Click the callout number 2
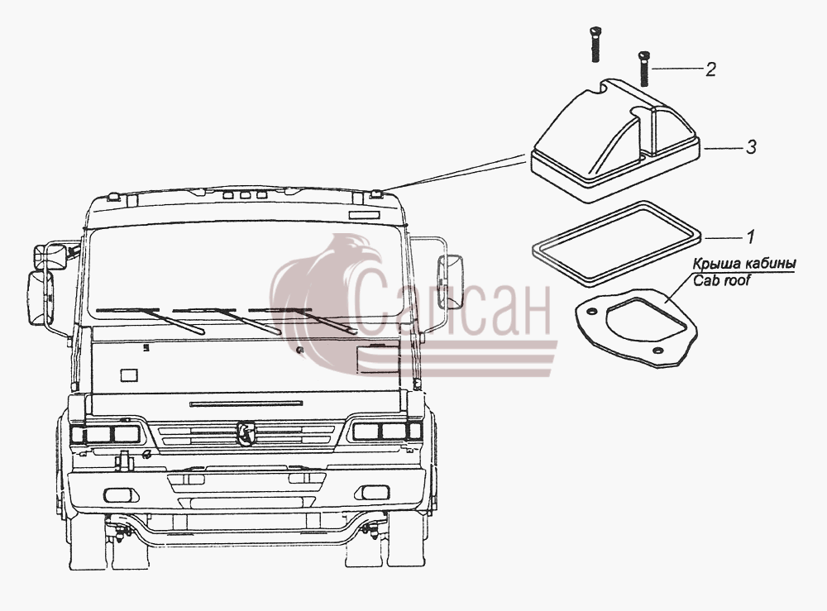click(710, 69)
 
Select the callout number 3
click(751, 147)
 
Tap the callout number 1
click(751, 238)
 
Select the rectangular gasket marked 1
click(616, 243)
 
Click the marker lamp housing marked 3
click(616, 141)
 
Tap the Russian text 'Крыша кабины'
click(744, 263)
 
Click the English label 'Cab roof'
click(721, 280)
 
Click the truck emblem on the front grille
click(246, 432)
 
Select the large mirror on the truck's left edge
click(40, 298)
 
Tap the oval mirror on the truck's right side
click(450, 281)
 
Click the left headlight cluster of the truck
click(106, 434)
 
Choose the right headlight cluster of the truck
click(387, 431)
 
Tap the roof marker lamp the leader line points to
click(376, 194)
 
